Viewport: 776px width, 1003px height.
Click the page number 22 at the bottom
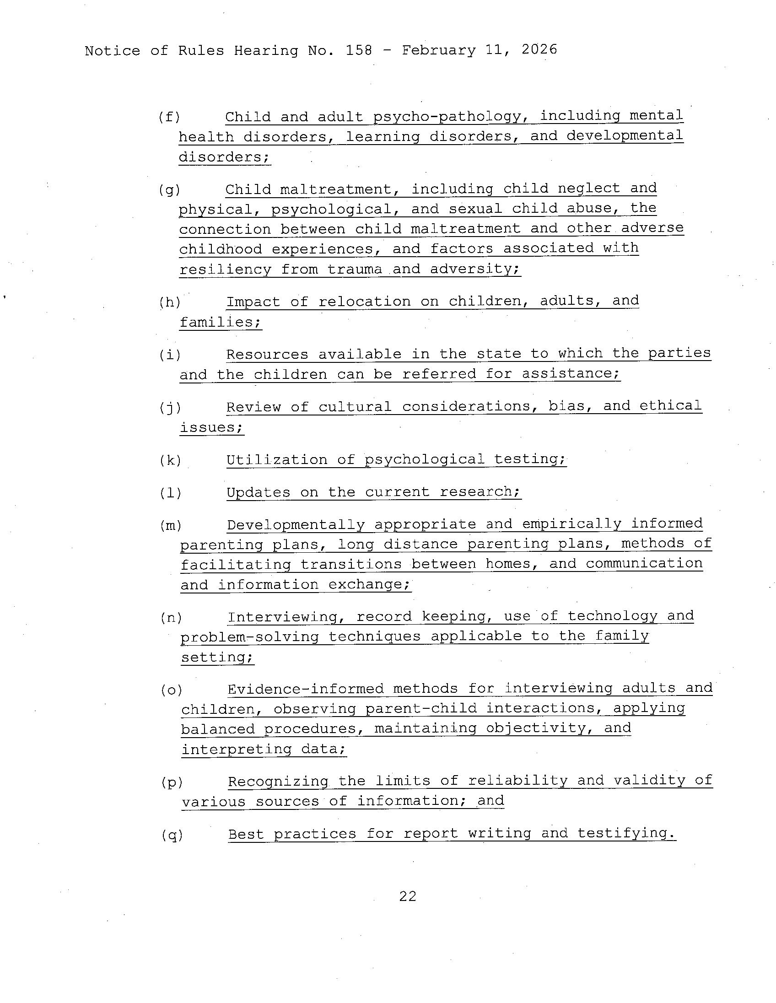(407, 896)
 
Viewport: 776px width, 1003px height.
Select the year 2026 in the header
(539, 49)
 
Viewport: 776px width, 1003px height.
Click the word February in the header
(438, 49)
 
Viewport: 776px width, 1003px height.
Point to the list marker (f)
(169, 117)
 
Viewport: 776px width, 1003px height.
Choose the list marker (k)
(170, 460)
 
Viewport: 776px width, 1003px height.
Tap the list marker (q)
(172, 835)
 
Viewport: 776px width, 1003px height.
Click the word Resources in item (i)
(267, 354)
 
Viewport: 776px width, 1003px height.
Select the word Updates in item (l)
(258, 492)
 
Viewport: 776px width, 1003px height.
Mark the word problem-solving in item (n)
(249, 637)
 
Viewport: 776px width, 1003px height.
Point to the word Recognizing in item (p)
(278, 781)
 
